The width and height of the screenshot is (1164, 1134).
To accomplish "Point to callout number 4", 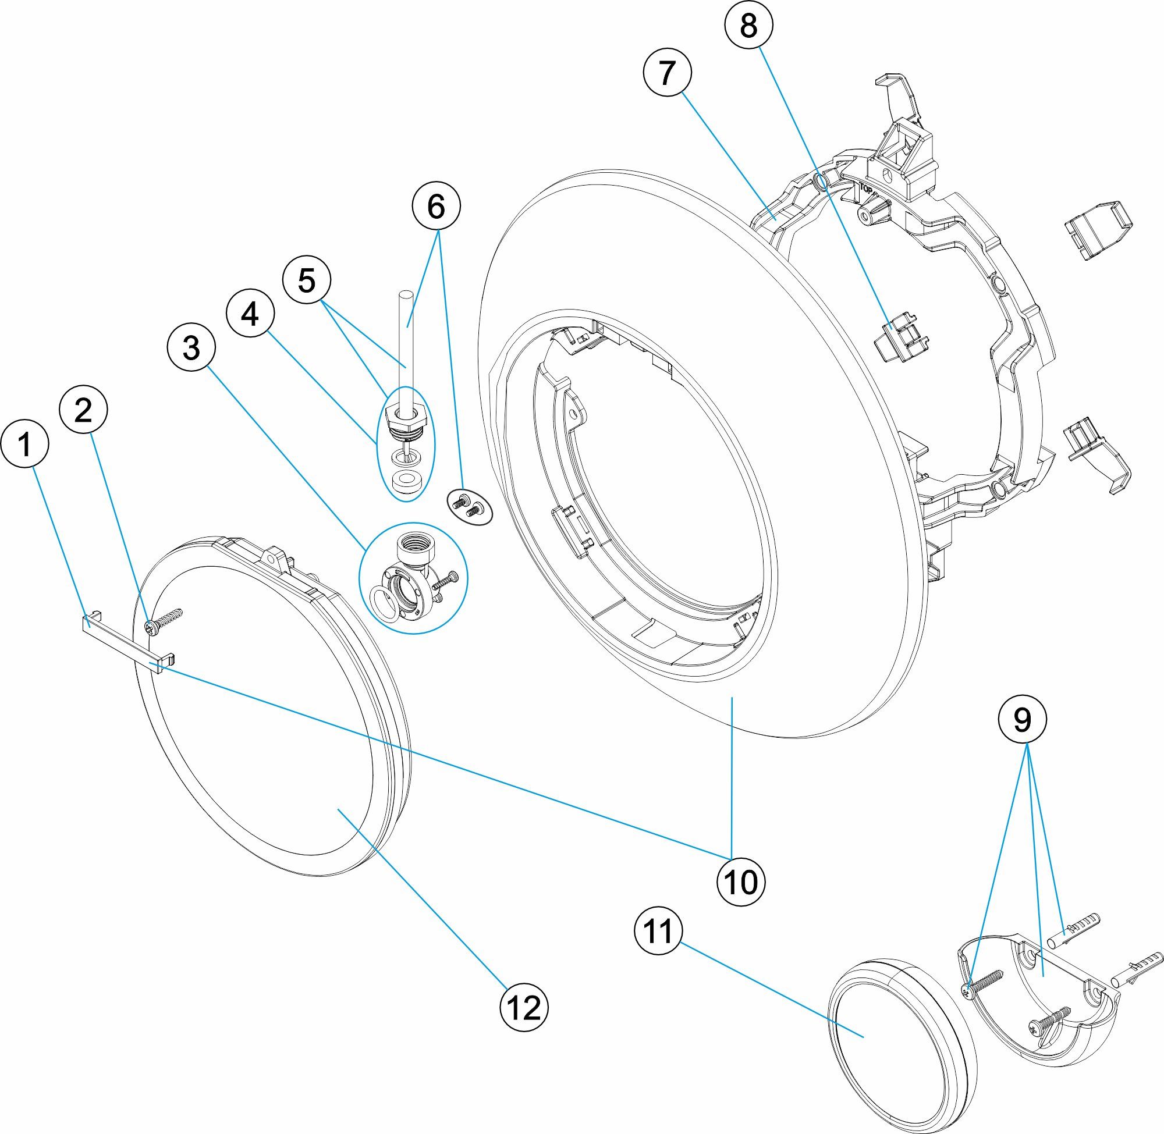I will tap(250, 314).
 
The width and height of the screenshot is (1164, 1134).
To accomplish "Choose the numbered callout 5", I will tap(306, 280).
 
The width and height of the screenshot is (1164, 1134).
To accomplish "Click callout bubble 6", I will tap(436, 207).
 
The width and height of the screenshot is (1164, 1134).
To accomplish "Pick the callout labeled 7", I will tap(667, 73).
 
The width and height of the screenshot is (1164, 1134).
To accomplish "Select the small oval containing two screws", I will tap(470, 506).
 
